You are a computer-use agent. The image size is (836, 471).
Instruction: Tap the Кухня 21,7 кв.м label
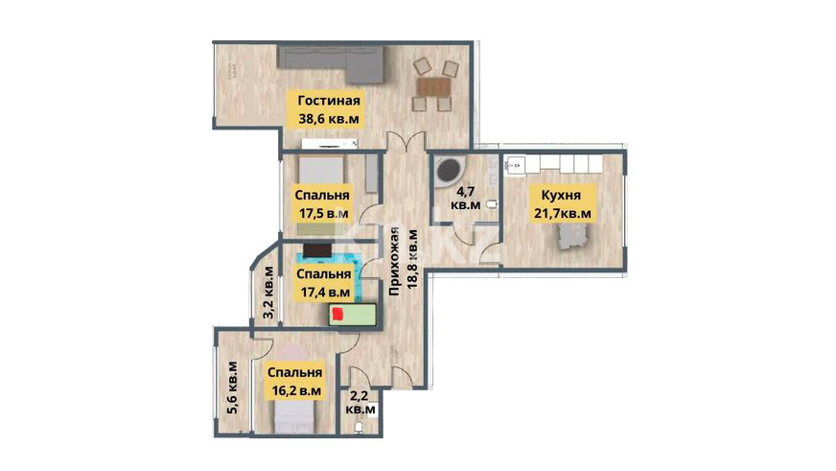563,203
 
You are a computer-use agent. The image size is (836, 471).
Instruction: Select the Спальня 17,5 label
322,203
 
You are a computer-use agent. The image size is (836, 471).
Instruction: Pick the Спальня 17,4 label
324,283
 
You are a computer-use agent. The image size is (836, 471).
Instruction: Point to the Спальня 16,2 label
295,382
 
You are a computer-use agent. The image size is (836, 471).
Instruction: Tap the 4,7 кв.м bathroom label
465,197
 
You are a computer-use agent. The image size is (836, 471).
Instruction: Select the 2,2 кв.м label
360,403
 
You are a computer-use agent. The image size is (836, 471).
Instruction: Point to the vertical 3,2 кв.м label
269,293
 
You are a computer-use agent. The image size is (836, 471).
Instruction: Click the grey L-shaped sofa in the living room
331,64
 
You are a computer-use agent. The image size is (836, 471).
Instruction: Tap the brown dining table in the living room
433,86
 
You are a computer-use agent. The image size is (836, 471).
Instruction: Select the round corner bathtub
449,171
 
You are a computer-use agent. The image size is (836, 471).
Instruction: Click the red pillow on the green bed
337,315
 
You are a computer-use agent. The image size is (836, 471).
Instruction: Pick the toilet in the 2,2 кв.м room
359,427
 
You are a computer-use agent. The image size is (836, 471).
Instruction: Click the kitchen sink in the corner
516,165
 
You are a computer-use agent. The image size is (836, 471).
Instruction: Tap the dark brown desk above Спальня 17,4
317,250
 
